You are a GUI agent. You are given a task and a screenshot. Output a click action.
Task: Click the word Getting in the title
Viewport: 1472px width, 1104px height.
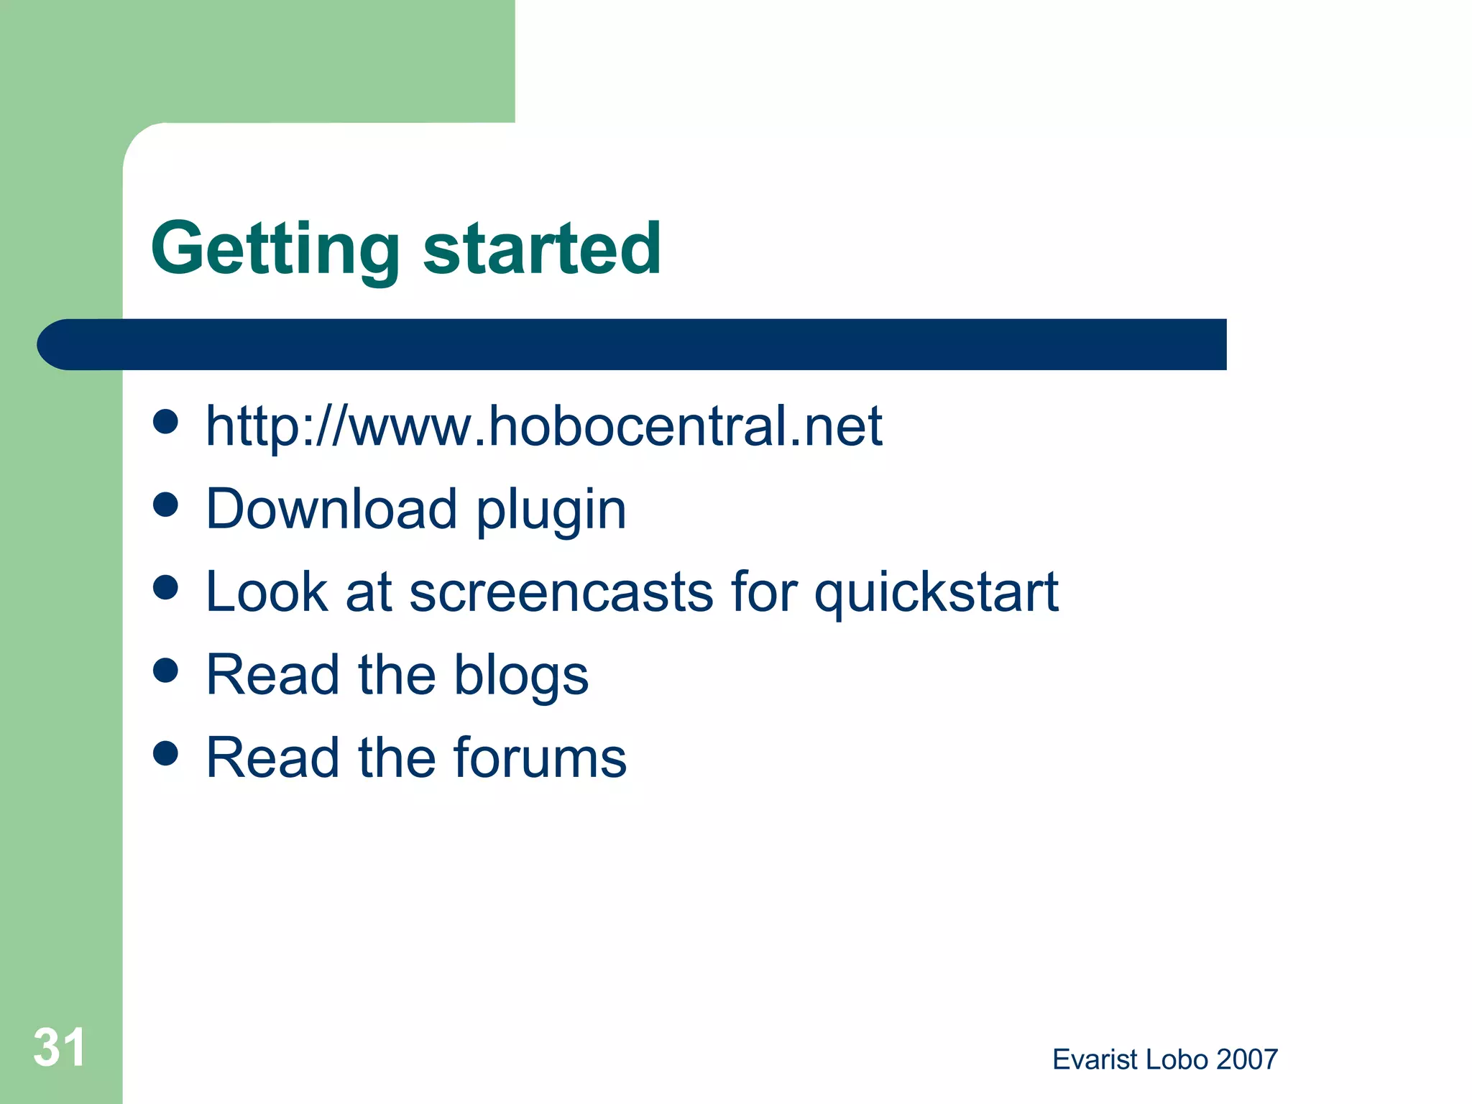coord(275,249)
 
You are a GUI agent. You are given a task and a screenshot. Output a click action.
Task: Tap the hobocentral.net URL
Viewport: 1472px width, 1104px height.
coord(543,426)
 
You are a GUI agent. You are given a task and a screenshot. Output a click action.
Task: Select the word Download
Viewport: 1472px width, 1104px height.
coord(331,509)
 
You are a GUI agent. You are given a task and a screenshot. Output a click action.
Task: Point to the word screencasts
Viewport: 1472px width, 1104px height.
coord(561,592)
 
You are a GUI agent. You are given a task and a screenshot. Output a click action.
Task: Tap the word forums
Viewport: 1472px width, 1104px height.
coord(540,758)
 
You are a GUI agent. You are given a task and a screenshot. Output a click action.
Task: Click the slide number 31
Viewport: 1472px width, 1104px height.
coord(60,1047)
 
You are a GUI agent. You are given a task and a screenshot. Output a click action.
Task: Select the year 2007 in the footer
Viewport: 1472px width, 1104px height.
coord(1248,1059)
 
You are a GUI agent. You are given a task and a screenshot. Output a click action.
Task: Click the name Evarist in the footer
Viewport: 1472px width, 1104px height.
coord(1095,1059)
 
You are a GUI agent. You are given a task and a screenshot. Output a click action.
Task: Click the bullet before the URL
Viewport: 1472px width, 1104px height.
coord(166,423)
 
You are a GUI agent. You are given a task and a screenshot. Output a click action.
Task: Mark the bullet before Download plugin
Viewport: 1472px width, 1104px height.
coord(166,505)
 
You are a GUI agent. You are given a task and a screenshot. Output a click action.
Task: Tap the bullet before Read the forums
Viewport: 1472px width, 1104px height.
coord(166,753)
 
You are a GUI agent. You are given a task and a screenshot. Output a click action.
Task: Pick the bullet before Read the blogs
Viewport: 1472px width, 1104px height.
coord(166,671)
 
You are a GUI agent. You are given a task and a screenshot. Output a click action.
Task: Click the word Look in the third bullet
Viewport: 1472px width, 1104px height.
coord(267,592)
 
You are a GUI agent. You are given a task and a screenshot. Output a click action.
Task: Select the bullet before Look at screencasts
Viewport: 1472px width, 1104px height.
coord(166,587)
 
